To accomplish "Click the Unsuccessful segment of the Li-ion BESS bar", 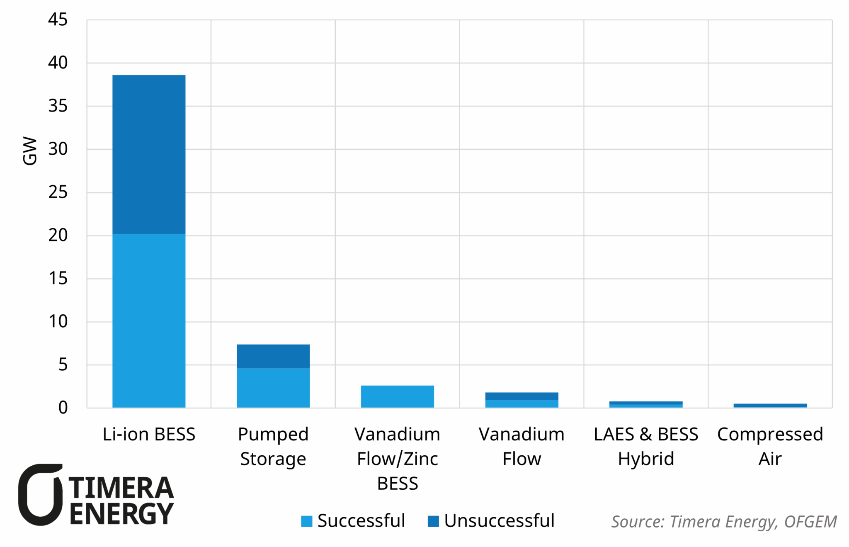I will pos(149,154).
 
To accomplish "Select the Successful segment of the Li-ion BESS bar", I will pos(149,321).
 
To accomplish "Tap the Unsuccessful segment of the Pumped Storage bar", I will pos(273,356).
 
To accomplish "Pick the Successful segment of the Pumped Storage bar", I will pos(273,388).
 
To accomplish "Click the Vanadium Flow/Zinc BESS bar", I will pos(397,396).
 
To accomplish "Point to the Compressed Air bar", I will pos(770,406).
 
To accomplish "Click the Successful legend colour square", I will pos(307,521).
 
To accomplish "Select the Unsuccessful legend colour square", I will pos(433,521).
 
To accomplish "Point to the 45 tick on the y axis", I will pos(58,19).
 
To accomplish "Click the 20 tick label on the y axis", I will pos(58,235).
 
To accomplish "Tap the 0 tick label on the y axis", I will pos(63,408).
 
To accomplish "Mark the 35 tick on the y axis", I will pos(58,106).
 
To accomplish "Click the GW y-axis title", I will pos(30,151).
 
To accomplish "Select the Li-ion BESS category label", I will pos(149,434).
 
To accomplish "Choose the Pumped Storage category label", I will pos(273,446).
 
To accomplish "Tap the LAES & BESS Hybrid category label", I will pos(646,446).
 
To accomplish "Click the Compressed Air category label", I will pos(770,446).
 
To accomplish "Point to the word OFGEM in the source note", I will pos(810,522).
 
